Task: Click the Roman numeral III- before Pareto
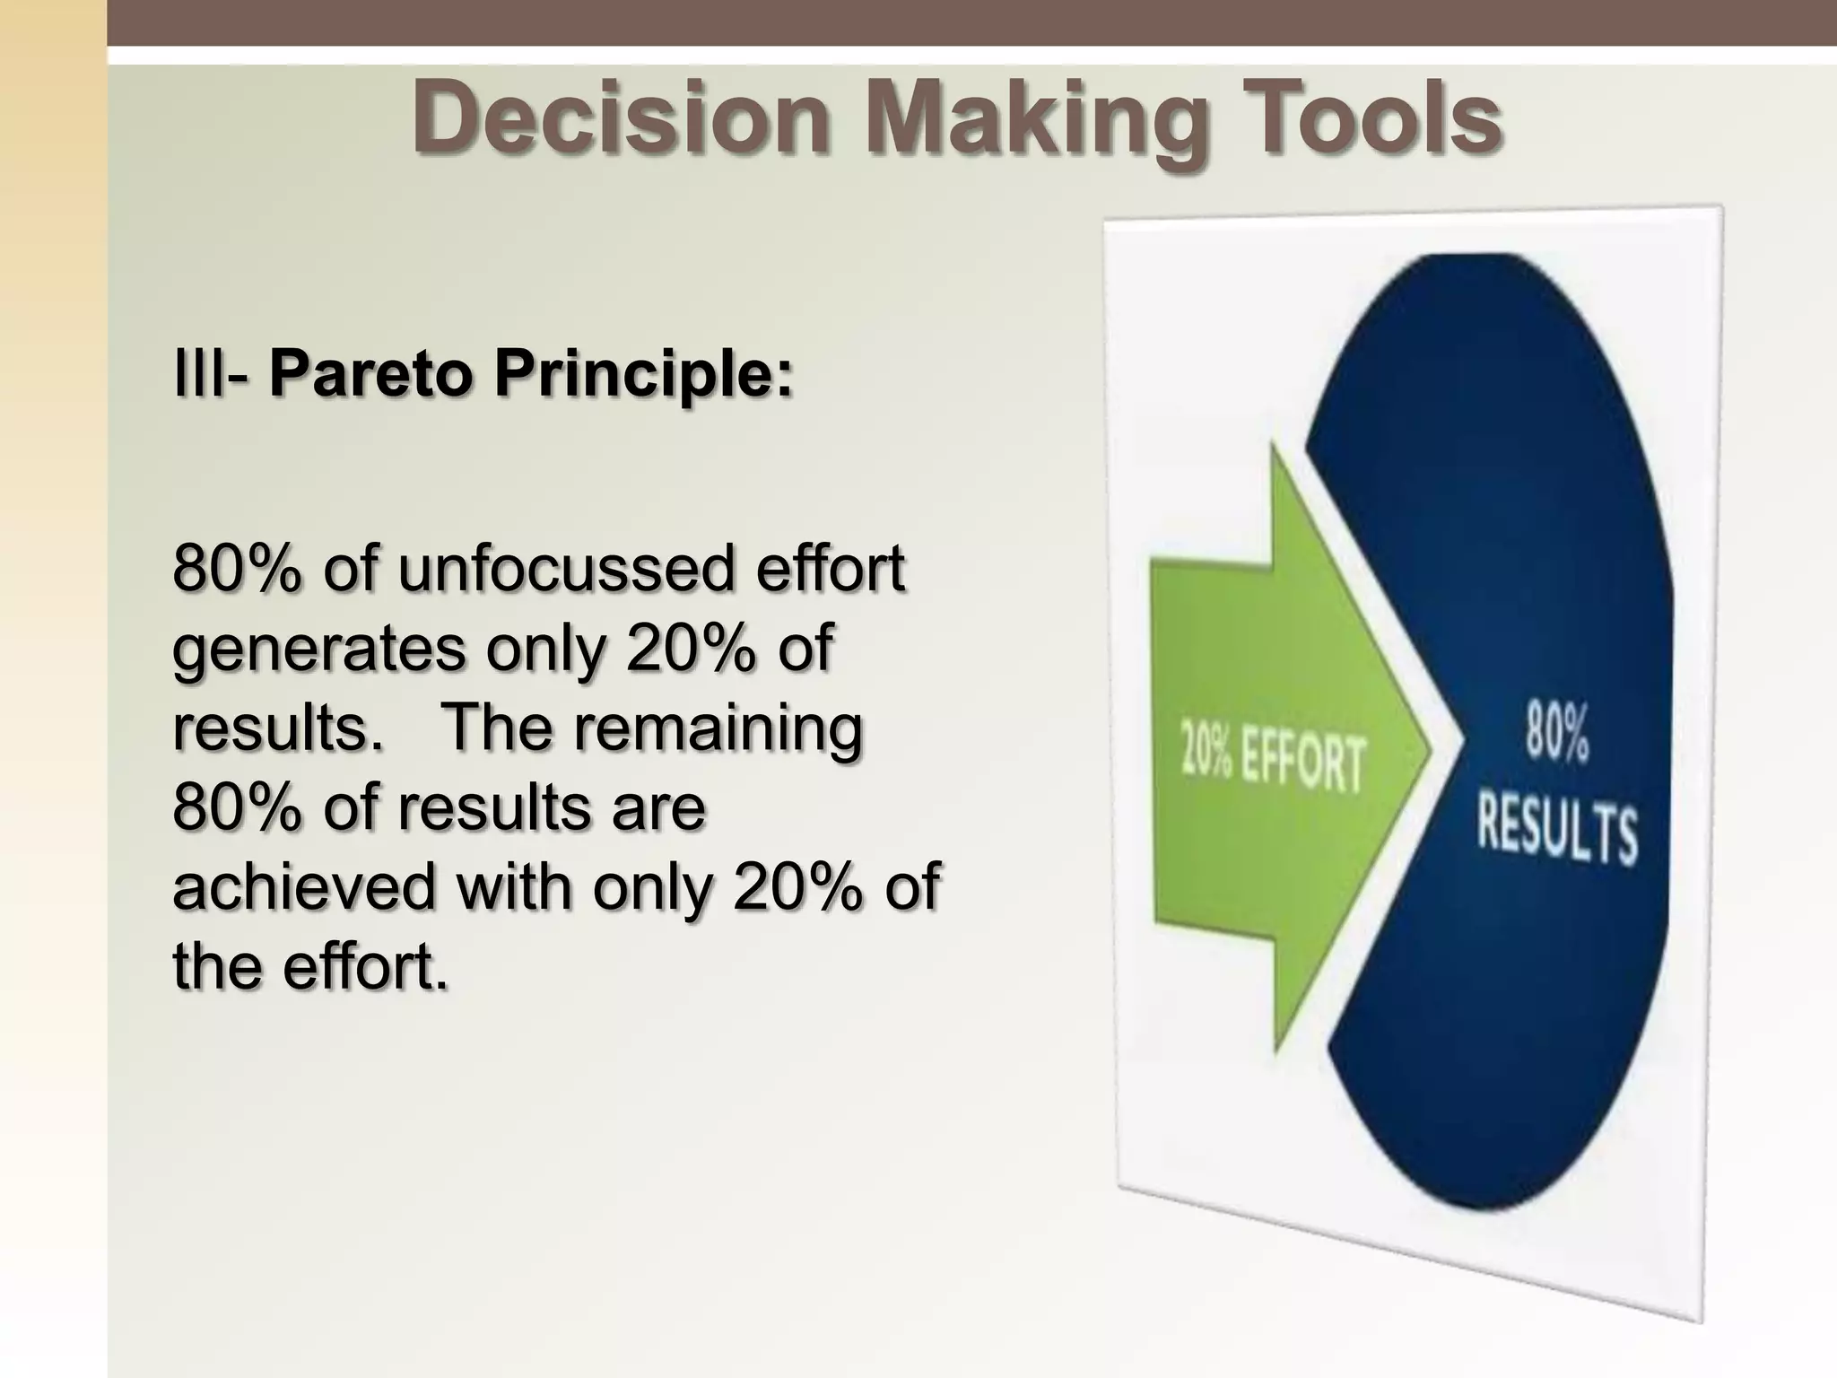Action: click(211, 374)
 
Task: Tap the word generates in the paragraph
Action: click(318, 650)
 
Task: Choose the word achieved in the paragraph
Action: click(305, 886)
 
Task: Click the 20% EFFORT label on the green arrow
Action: click(1273, 763)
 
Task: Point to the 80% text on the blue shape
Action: click(1557, 732)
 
